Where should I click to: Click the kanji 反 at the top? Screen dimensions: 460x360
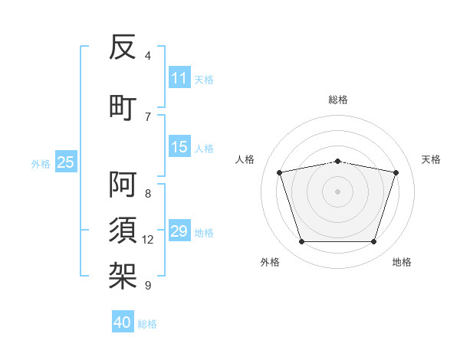click(x=123, y=47)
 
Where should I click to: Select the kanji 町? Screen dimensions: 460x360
click(x=123, y=108)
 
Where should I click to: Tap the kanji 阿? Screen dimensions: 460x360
click(x=123, y=185)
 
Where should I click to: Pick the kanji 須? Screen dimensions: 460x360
click(x=123, y=230)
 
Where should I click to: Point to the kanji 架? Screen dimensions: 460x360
click(x=123, y=276)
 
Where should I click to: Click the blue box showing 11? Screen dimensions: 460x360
click(x=179, y=77)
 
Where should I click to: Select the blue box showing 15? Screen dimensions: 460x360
click(x=179, y=146)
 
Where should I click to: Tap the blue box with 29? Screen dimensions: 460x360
click(x=179, y=230)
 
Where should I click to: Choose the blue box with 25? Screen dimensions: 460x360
click(x=66, y=162)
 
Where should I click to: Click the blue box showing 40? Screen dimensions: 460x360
click(x=123, y=321)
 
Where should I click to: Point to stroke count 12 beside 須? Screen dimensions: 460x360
click(x=147, y=240)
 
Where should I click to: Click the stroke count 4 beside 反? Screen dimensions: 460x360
click(x=147, y=56)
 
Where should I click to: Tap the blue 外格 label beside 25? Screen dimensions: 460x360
click(x=41, y=164)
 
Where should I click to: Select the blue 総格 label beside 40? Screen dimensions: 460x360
click(x=147, y=324)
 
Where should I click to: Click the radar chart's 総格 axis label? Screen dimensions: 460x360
click(x=338, y=100)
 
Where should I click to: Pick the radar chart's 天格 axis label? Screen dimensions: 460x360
click(x=431, y=159)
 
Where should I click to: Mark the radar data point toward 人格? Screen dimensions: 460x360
click(x=280, y=172)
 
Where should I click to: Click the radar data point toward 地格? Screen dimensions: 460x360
click(x=374, y=242)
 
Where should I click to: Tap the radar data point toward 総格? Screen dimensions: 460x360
click(x=338, y=162)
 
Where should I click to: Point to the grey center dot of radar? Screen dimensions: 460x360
click(x=337, y=191)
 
